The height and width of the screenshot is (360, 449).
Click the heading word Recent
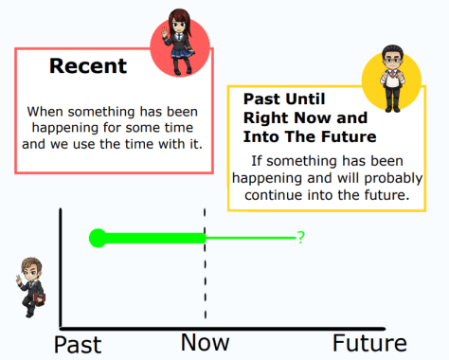(x=88, y=66)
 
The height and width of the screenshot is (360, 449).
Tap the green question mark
(x=300, y=238)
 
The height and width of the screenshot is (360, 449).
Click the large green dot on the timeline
(x=97, y=238)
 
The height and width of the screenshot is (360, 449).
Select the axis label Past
(x=78, y=343)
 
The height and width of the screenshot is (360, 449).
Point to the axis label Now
(x=206, y=342)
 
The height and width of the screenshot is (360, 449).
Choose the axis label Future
(x=369, y=342)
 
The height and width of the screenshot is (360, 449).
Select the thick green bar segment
(x=152, y=238)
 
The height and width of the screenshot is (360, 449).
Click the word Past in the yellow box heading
(x=261, y=99)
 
